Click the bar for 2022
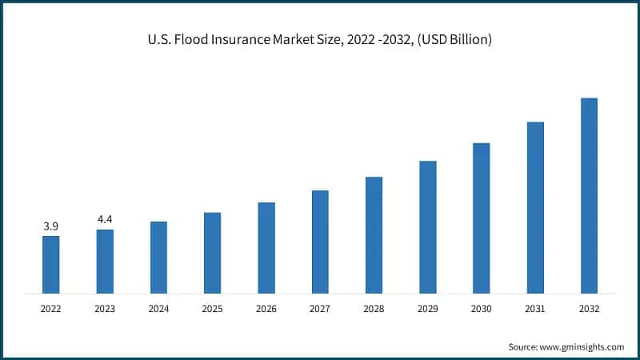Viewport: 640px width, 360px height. pos(51,264)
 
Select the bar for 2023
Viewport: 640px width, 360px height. pos(105,261)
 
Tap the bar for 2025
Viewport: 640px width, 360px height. pos(212,252)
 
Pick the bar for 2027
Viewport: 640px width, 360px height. pos(320,241)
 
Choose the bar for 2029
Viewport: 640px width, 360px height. pos(428,226)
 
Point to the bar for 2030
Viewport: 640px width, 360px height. pos(482,218)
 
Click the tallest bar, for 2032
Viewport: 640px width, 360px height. pos(589,195)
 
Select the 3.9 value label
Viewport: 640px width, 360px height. pos(51,227)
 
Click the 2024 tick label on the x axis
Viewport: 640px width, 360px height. pos(158,307)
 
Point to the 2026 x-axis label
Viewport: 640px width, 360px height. pos(266,307)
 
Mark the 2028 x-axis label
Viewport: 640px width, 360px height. pos(374,307)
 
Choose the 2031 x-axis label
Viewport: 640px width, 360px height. pos(535,307)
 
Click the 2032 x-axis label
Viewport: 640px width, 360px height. pos(589,307)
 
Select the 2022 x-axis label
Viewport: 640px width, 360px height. pos(51,307)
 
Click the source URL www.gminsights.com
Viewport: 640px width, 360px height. pos(583,346)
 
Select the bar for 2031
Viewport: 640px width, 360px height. pos(535,207)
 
